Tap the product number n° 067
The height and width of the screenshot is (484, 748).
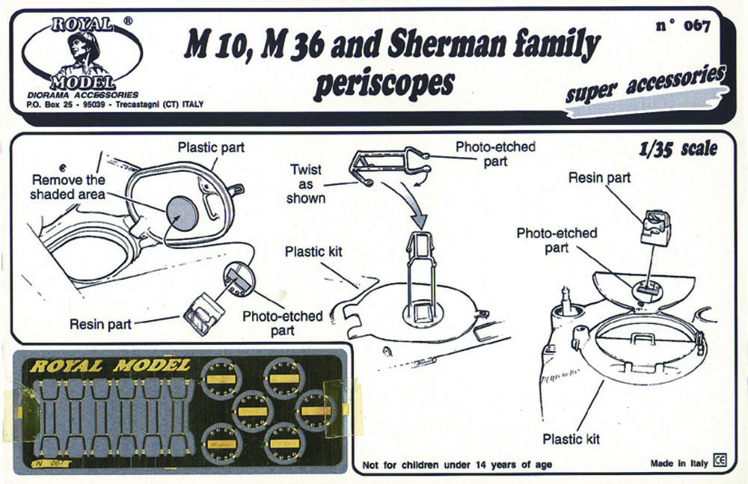682,26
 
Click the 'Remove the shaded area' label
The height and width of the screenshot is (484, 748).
68,187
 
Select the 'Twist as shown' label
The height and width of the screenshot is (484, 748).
306,184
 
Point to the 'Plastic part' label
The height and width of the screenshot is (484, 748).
211,147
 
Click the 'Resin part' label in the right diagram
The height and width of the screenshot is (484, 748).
599,178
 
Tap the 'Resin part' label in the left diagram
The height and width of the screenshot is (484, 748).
101,324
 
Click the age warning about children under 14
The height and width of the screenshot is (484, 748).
457,465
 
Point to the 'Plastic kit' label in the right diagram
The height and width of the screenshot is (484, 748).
571,438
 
